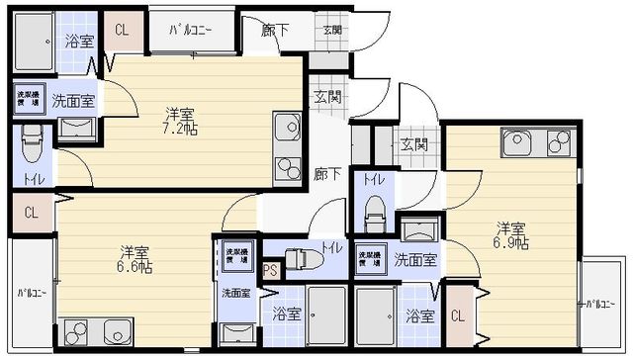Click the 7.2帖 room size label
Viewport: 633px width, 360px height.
(179, 121)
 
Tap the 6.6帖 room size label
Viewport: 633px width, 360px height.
(136, 258)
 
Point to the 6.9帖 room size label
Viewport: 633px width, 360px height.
(510, 235)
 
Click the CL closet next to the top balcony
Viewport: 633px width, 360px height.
(121, 30)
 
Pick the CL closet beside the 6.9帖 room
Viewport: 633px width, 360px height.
(457, 316)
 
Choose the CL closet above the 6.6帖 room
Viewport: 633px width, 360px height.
(31, 212)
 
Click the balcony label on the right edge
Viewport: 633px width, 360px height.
(597, 304)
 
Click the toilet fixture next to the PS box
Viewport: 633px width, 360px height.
(305, 258)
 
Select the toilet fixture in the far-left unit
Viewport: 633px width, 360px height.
(31, 146)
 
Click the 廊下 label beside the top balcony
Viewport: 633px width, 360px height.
(275, 30)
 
